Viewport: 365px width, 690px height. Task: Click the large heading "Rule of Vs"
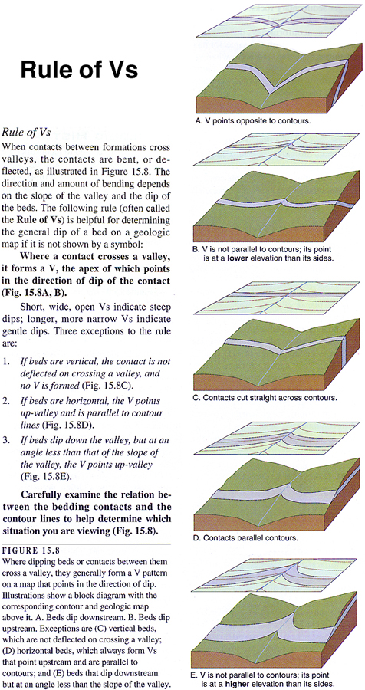coord(79,70)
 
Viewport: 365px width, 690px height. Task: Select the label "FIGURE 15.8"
coord(31,549)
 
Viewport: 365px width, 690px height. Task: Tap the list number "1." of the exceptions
coord(6,361)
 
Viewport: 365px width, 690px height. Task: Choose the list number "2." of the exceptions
coord(6,401)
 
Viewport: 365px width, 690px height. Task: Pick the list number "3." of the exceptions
coord(6,441)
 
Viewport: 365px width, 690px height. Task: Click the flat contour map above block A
coord(280,22)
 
